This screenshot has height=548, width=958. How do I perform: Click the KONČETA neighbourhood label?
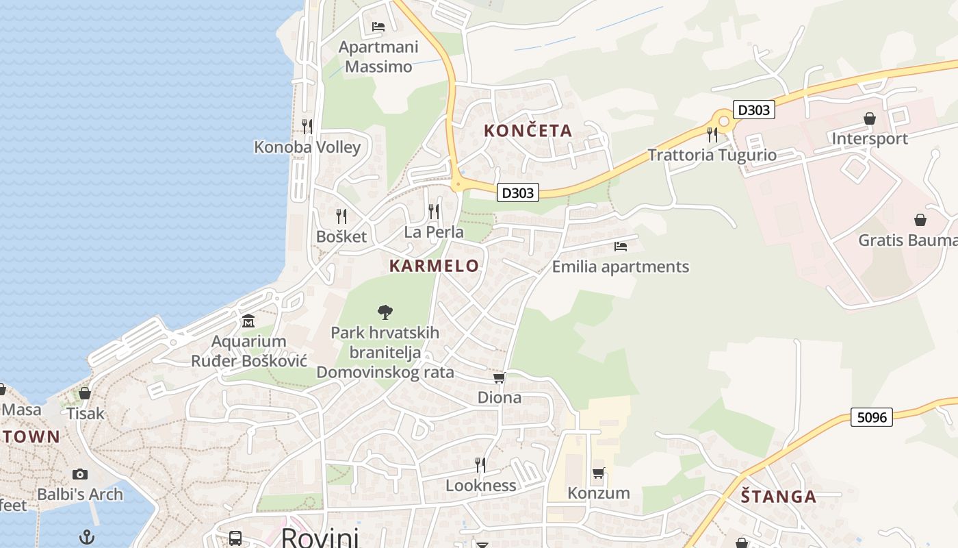pos(528,131)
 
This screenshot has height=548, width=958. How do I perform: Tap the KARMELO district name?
pos(434,266)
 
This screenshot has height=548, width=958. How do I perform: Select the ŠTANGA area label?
pos(779,497)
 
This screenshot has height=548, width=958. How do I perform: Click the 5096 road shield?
pos(872,416)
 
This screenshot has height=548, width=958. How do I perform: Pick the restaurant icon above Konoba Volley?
pos(307,126)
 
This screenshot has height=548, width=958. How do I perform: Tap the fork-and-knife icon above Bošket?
pos(341,216)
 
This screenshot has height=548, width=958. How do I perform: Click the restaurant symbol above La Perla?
pos(434,211)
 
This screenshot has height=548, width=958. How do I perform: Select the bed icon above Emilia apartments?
pos(621,246)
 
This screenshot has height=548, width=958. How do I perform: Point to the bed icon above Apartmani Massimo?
pos(378,27)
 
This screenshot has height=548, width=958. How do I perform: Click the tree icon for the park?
pos(385,312)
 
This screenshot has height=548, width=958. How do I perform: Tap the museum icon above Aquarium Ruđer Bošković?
pos(248,321)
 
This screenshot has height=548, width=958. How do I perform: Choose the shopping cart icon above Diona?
pos(499,377)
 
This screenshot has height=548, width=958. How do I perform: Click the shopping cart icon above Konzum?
pos(598,472)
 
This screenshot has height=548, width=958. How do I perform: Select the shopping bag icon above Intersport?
pos(869,119)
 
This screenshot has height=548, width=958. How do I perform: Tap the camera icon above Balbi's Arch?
pos(80,474)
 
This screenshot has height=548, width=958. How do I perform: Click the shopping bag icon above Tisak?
pos(85,393)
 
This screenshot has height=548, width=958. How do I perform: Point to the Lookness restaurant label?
pos(480,486)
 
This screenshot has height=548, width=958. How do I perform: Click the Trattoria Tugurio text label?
pos(712,155)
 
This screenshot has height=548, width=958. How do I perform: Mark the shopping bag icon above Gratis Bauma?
pos(920,220)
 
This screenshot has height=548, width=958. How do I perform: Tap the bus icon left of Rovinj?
pos(235,538)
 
